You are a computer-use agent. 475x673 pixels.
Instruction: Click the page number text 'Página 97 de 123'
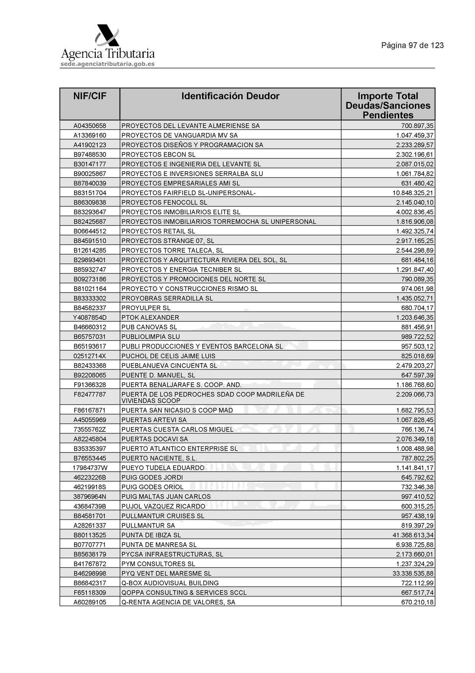pyautogui.click(x=412, y=45)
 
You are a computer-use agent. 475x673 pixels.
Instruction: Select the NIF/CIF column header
pyautogui.click(x=90, y=96)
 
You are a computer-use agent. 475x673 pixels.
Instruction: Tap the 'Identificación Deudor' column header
pyautogui.click(x=230, y=96)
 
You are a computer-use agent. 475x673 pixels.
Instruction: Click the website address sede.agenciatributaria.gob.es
pyautogui.click(x=107, y=64)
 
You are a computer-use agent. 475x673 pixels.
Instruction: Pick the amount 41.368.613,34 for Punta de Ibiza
pyautogui.click(x=413, y=535)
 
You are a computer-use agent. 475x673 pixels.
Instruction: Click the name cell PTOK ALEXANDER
pyautogui.click(x=150, y=318)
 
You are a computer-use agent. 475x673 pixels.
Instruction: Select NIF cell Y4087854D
pyautogui.click(x=90, y=318)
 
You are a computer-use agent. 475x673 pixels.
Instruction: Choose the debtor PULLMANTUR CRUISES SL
pyautogui.click(x=163, y=516)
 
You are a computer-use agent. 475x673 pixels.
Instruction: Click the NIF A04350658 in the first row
pyautogui.click(x=90, y=126)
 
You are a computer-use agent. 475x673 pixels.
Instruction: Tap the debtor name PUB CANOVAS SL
pyautogui.click(x=149, y=327)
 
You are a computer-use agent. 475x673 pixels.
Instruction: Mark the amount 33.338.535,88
pyautogui.click(x=413, y=573)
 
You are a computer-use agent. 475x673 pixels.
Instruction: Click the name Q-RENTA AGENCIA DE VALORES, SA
pyautogui.click(x=178, y=602)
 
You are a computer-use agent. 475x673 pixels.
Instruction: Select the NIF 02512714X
pyautogui.click(x=90, y=356)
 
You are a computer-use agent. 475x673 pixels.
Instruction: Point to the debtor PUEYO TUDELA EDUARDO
pyautogui.click(x=163, y=468)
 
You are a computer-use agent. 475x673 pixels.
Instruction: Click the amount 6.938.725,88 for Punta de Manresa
pyautogui.click(x=415, y=545)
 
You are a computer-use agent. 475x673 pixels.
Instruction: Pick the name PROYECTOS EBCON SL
pyautogui.click(x=158, y=155)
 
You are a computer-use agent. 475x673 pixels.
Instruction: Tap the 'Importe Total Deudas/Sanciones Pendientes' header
pyautogui.click(x=388, y=105)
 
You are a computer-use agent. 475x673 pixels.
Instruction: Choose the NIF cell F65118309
pyautogui.click(x=90, y=592)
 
